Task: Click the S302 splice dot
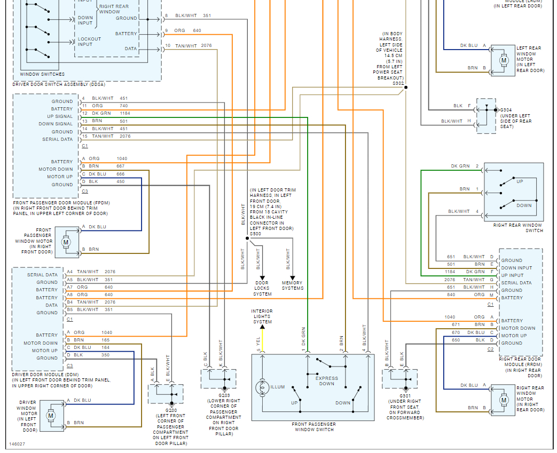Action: pyautogui.click(x=406, y=87)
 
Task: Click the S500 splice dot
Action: pyautogui.click(x=247, y=238)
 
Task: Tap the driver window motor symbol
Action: pyautogui.click(x=50, y=416)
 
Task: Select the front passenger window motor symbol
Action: pyautogui.click(x=65, y=242)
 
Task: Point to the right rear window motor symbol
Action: pyautogui.click(x=504, y=400)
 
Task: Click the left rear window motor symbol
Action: pyautogui.click(x=504, y=60)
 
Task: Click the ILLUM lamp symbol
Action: pyautogui.click(x=263, y=387)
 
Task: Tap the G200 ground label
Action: pyautogui.click(x=171, y=410)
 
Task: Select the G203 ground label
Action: pyautogui.click(x=224, y=395)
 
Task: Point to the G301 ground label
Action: pyautogui.click(x=405, y=396)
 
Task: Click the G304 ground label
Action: pyautogui.click(x=506, y=110)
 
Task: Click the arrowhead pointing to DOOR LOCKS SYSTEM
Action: pyautogui.click(x=262, y=279)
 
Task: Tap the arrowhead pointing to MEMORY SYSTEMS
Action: pyautogui.click(x=292, y=279)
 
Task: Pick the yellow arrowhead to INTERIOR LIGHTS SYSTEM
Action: pyautogui.click(x=263, y=328)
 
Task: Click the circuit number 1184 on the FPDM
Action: pyautogui.click(x=125, y=113)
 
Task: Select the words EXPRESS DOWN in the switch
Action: pyautogui.click(x=326, y=381)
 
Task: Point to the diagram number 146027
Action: pyautogui.click(x=17, y=444)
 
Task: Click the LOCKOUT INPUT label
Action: pyautogui.click(x=90, y=42)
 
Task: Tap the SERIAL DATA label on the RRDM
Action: pyautogui.click(x=516, y=283)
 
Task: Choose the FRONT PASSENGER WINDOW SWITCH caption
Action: pyautogui.click(x=314, y=427)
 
